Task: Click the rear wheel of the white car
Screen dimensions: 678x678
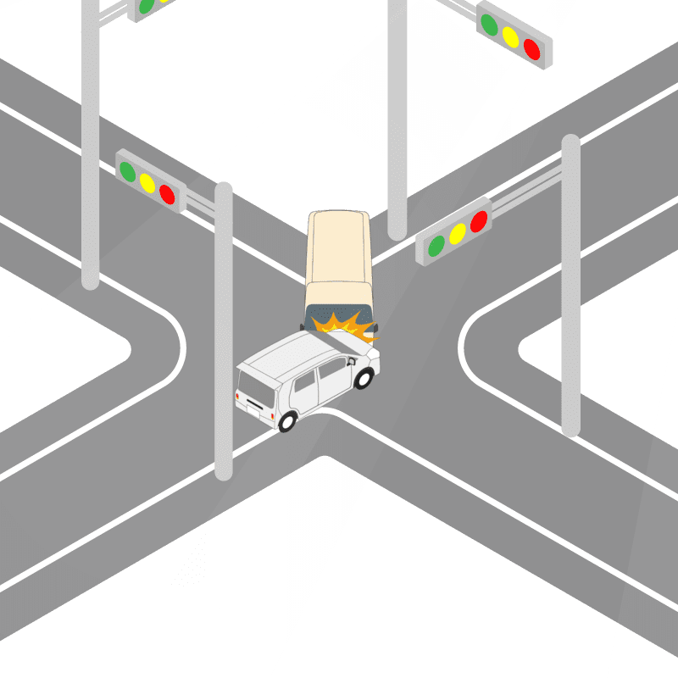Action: point(287,420)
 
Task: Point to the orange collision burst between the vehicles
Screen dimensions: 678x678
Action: point(342,325)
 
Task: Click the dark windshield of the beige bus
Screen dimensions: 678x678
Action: point(337,314)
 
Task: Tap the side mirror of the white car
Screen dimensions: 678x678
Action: point(349,362)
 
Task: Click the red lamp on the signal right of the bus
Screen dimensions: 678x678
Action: point(479,221)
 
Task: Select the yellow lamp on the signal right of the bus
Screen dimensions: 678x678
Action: point(458,233)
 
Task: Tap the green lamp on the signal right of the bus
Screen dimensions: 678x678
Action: point(436,246)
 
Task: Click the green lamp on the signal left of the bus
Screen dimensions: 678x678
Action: point(128,170)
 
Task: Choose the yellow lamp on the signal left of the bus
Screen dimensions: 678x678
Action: point(147,182)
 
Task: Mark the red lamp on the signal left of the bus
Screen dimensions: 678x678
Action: point(167,194)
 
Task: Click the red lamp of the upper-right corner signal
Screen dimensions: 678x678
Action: point(531,48)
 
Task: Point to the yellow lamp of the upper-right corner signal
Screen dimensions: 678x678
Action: point(510,36)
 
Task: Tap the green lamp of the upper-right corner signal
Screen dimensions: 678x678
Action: point(489,24)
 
